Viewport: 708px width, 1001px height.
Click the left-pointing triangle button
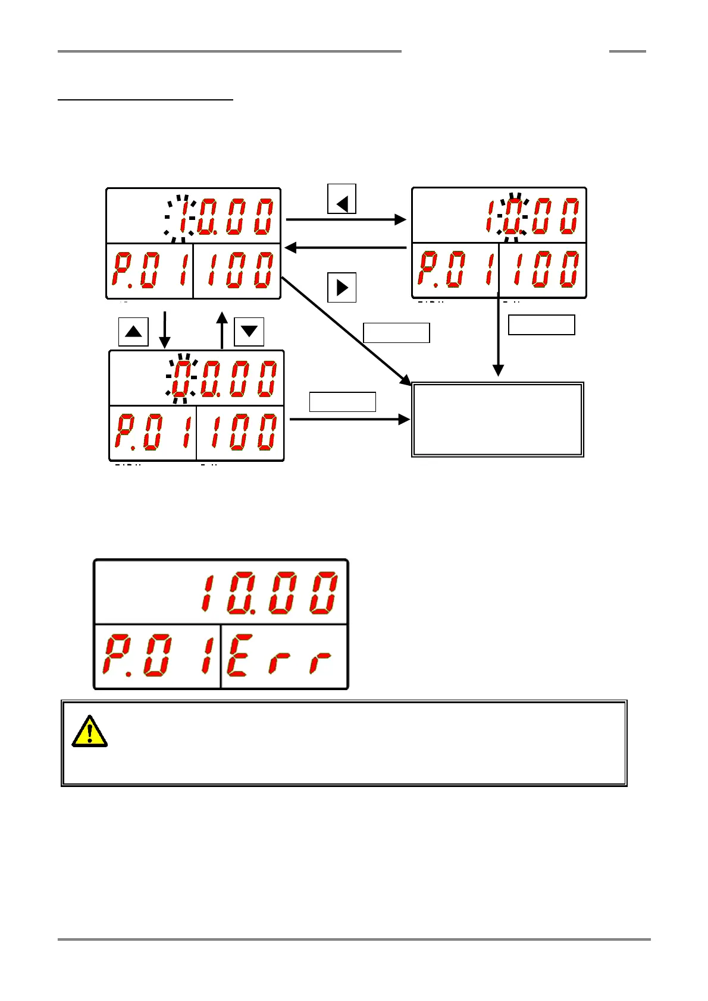click(x=342, y=199)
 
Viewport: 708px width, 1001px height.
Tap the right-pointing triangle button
click(x=342, y=288)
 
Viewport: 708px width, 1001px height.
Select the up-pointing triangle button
click(x=133, y=332)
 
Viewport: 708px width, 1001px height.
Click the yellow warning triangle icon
click(x=89, y=731)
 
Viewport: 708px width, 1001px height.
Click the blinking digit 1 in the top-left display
click(x=182, y=218)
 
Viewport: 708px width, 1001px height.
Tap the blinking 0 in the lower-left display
click(x=181, y=379)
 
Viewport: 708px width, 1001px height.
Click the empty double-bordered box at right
click(x=498, y=419)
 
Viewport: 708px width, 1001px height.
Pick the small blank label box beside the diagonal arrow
click(x=396, y=333)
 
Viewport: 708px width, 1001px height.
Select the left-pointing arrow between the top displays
click(x=345, y=247)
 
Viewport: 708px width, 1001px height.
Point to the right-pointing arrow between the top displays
click(x=346, y=219)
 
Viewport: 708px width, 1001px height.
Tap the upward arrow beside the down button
click(x=222, y=330)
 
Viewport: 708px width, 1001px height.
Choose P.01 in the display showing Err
click(x=156, y=656)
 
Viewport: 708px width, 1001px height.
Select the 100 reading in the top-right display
click(x=543, y=270)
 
